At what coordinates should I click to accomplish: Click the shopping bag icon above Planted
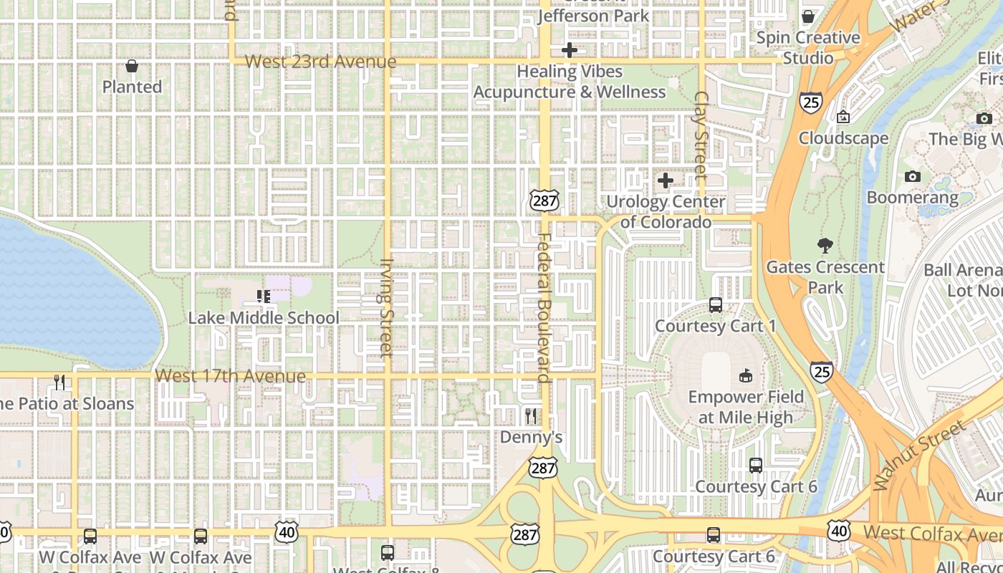(x=132, y=66)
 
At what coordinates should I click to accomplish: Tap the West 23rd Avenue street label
(x=320, y=62)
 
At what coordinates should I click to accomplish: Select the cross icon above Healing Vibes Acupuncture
(x=570, y=50)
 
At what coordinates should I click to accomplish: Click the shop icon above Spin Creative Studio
(x=808, y=16)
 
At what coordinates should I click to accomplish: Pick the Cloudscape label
(x=843, y=138)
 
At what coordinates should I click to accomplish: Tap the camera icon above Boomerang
(x=912, y=176)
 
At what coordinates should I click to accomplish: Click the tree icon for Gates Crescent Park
(x=825, y=246)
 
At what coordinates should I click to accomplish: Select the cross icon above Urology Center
(x=666, y=180)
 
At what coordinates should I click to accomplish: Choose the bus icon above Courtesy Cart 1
(x=715, y=305)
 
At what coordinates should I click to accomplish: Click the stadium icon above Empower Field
(x=746, y=375)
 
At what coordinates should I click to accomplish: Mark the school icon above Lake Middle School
(x=263, y=296)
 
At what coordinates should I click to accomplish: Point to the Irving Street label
(x=386, y=307)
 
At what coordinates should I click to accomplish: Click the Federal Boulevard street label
(x=544, y=308)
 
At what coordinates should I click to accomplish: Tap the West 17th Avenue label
(x=230, y=376)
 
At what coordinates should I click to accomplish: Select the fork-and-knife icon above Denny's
(x=531, y=415)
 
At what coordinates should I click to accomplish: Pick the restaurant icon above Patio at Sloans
(x=59, y=382)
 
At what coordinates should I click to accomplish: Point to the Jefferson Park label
(x=593, y=16)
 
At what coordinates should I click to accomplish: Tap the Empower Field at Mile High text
(x=746, y=407)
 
